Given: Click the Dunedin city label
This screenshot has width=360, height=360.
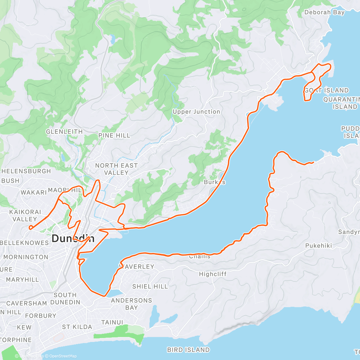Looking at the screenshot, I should [x=73, y=238].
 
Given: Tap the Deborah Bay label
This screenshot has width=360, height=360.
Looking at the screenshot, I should [x=324, y=12].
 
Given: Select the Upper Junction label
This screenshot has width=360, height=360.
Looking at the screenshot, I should [x=196, y=112].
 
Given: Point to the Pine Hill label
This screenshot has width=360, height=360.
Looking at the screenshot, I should [x=114, y=136].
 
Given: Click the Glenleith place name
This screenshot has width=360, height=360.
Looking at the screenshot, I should [x=64, y=132].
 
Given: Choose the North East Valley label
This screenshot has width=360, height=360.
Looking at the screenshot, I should [x=116, y=169].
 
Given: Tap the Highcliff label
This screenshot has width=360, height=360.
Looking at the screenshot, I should [x=213, y=274].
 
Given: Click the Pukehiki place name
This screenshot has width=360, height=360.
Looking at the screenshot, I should [x=319, y=246].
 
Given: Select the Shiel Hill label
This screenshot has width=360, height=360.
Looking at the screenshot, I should [x=150, y=286].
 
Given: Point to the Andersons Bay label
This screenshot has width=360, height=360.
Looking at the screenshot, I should [x=131, y=304].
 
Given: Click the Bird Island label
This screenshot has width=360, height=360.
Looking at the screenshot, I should [x=188, y=350].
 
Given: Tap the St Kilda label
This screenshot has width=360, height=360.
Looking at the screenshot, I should [x=77, y=327].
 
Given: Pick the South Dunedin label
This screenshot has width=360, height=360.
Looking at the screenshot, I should [x=65, y=298].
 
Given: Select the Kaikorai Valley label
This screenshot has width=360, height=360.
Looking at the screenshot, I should [x=25, y=216].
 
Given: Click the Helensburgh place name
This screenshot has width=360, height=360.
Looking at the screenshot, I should [x=26, y=171].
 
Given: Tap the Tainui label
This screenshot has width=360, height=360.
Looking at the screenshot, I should [x=112, y=322].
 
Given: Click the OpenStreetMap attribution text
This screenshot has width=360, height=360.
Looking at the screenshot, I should [x=63, y=356].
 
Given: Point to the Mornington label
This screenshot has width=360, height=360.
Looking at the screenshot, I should [x=26, y=257].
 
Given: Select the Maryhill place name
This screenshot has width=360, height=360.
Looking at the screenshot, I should [x=22, y=280].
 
